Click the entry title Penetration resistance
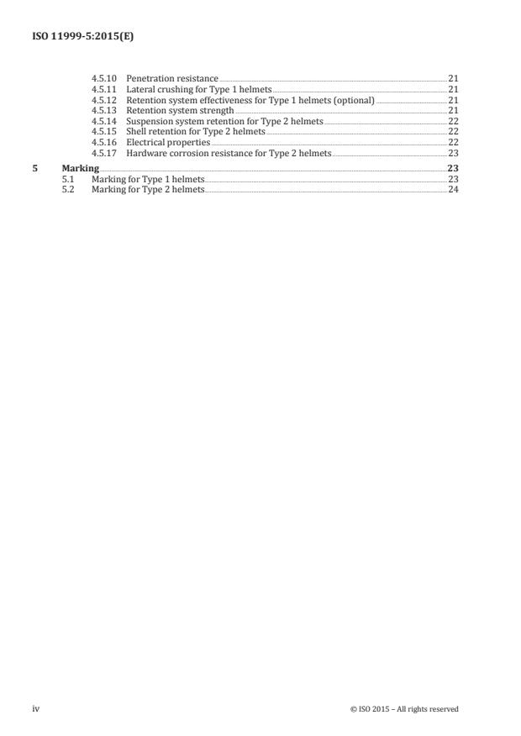[x=171, y=78]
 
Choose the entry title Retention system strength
[x=180, y=111]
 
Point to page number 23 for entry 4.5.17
[x=453, y=155]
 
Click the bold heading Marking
[x=81, y=169]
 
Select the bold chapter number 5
[x=34, y=169]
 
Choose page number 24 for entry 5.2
[x=453, y=190]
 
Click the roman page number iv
[x=36, y=709]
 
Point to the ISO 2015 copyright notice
[x=404, y=709]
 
